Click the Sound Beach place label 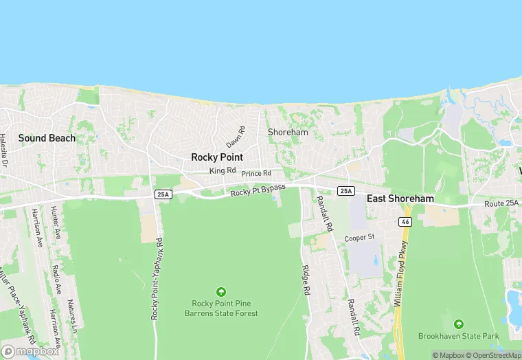47,138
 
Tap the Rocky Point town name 217,157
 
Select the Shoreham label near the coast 288,132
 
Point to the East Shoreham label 400,199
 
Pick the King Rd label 223,170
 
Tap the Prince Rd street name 256,173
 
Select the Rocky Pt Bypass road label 258,190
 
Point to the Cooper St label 359,238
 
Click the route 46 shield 405,222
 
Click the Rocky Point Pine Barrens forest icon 221,291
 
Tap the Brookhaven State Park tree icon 459,324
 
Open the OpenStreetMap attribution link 493,355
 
